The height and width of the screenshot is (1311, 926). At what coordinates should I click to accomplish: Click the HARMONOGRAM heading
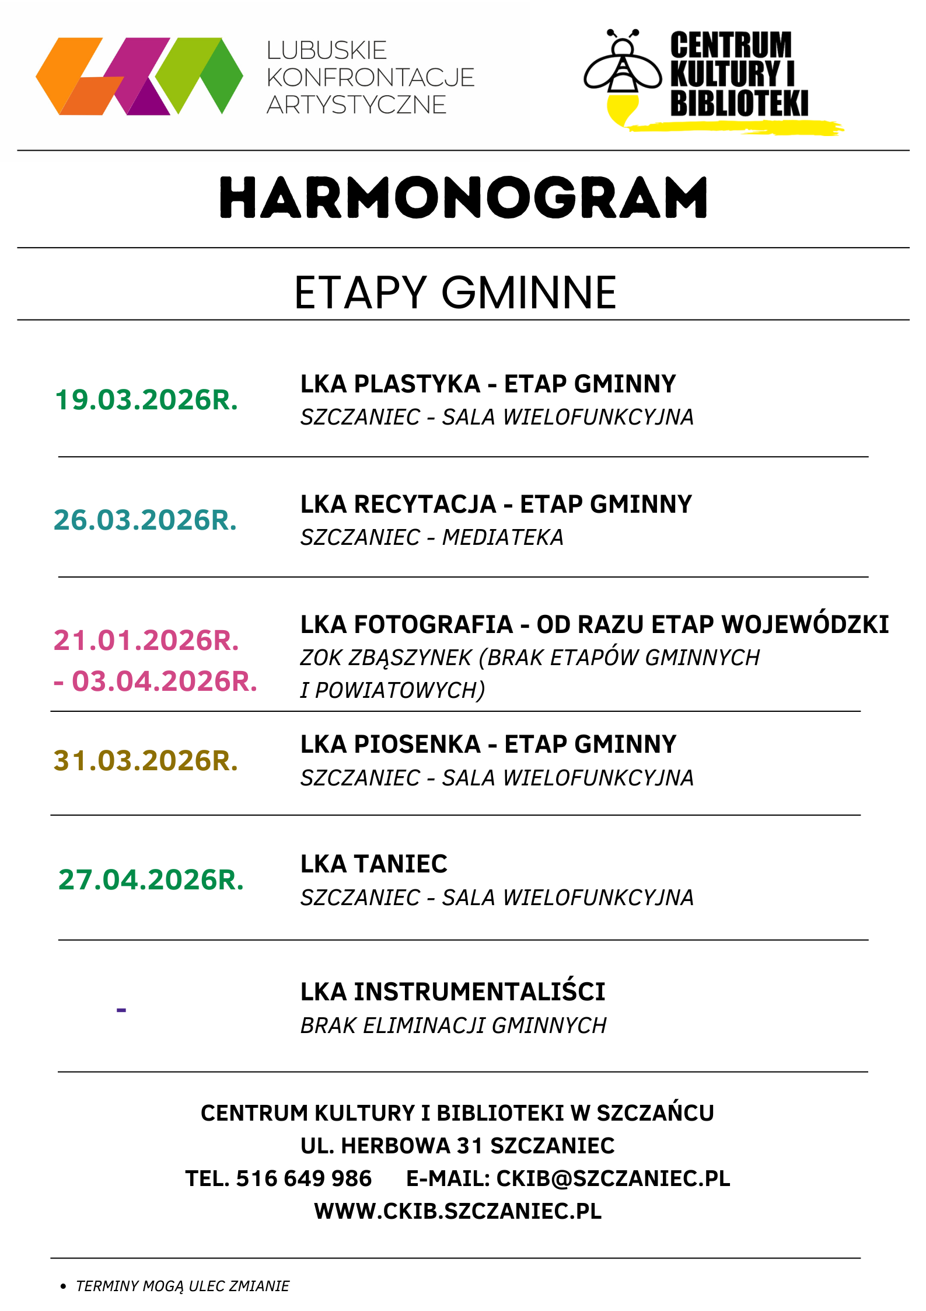point(463,198)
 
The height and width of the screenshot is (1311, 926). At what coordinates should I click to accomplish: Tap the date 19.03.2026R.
point(146,401)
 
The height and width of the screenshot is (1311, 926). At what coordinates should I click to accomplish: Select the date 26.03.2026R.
point(145,520)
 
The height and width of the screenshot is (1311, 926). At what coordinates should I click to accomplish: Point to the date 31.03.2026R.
point(146,761)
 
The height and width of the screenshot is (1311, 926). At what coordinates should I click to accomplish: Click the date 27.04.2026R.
point(151,880)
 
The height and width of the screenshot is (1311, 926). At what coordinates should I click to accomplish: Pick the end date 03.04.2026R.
point(164,681)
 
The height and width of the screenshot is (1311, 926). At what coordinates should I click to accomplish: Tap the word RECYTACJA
point(425,505)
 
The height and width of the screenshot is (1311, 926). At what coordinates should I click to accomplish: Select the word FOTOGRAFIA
point(434,625)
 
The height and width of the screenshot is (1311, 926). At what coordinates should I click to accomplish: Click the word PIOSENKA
point(417,745)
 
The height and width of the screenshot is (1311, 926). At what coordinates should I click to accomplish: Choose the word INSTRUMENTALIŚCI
point(480,992)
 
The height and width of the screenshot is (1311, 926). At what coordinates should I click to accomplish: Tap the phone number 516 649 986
point(303,1178)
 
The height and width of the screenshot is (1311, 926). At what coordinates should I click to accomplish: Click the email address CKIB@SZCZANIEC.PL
point(613,1178)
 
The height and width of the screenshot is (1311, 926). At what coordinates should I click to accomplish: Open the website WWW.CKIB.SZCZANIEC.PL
point(458,1211)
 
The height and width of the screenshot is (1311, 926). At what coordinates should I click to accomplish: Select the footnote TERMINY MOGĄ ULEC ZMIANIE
point(183,1286)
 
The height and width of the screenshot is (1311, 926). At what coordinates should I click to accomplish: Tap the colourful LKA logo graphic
point(139,76)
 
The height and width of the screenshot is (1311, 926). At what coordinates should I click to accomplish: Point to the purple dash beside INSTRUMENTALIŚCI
point(121,1010)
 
